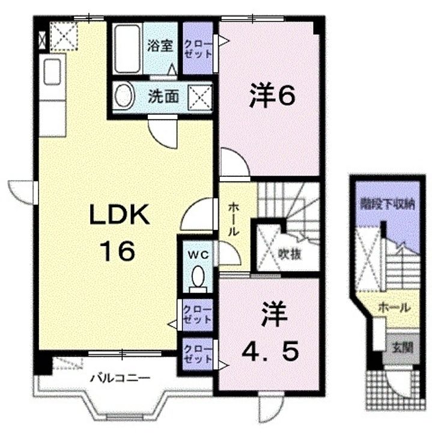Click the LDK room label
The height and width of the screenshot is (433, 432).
[x=119, y=215]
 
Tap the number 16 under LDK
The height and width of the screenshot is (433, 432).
[x=118, y=251]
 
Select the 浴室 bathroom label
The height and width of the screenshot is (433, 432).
[x=160, y=46]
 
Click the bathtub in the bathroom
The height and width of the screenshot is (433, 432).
[x=127, y=49]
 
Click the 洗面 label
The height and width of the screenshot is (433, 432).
[x=163, y=96]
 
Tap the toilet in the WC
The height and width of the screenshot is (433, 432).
[x=198, y=279]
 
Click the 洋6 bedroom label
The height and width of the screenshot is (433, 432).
[x=272, y=96]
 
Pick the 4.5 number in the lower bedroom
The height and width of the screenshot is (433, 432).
[x=270, y=351]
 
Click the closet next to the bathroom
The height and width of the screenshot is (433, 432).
[x=198, y=48]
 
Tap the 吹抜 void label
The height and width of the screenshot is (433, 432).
[x=289, y=254]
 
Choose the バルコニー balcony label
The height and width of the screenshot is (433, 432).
[x=121, y=378]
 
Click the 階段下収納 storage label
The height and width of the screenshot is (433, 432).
[x=388, y=205]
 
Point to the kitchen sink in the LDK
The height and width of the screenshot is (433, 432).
[x=52, y=72]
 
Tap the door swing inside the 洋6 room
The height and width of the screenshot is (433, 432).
[x=234, y=162]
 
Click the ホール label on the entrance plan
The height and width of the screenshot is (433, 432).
[x=395, y=307]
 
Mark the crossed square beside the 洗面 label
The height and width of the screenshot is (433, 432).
[x=199, y=96]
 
